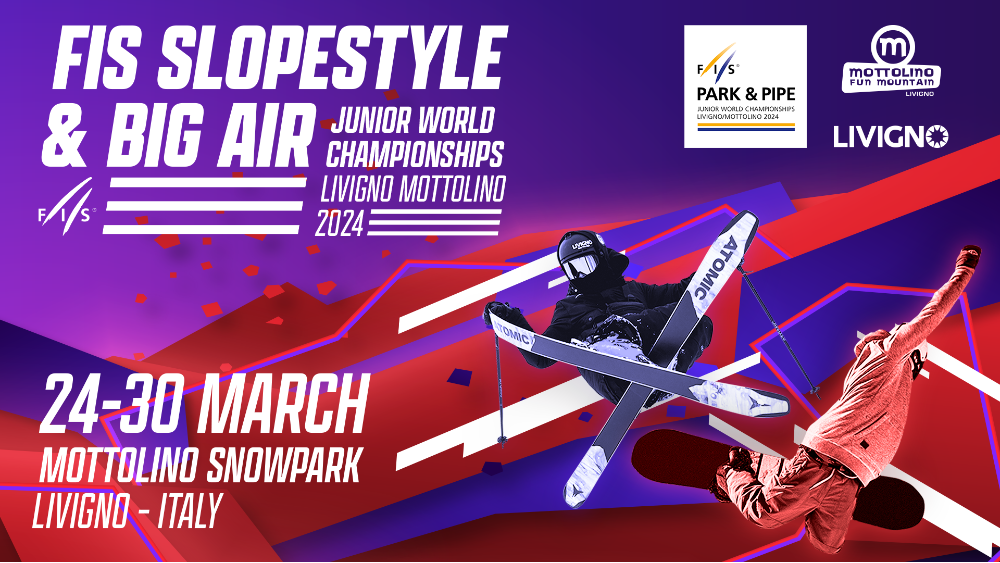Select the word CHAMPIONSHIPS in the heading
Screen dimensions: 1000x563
coord(415,154)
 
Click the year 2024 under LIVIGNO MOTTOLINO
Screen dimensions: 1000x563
coord(340,224)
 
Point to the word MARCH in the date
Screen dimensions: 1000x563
coord(284,405)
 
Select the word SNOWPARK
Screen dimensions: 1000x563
coord(284,465)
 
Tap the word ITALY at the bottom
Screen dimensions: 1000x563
coord(190,511)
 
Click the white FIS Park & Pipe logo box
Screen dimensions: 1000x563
coord(745,87)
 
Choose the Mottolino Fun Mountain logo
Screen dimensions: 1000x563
coord(892,61)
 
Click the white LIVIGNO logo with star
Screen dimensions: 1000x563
coord(891,136)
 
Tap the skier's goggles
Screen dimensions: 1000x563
coord(580,265)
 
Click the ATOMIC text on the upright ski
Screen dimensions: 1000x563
coord(714,268)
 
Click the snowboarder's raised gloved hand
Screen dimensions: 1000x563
coord(970,256)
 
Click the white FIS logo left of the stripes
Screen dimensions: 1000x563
coord(67,207)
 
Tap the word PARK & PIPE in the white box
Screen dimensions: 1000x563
coord(746,94)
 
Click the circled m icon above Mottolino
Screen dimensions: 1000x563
coord(893,46)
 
